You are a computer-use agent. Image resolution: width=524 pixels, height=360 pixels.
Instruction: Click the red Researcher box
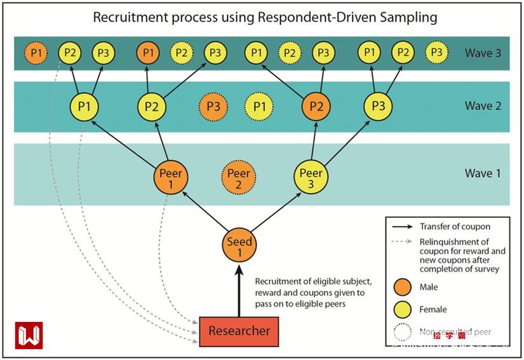click(x=239, y=331)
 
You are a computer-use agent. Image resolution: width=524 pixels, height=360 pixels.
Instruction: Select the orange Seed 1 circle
click(x=239, y=246)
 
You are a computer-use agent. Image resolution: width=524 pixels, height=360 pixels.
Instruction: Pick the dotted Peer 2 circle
click(x=238, y=178)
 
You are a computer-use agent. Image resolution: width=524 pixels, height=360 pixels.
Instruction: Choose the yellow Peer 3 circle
click(x=311, y=178)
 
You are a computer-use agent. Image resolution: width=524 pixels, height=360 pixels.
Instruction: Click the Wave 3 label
click(x=483, y=53)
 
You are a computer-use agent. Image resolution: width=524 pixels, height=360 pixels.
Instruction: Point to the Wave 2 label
click(x=483, y=106)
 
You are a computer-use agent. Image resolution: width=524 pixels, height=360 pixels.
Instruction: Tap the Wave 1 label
click(x=483, y=173)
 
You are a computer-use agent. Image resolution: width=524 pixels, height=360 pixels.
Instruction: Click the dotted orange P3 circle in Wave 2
click(x=213, y=107)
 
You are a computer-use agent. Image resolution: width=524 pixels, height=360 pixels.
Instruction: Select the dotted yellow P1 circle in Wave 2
click(x=259, y=107)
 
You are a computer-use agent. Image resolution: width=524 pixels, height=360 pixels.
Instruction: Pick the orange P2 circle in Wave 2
click(x=316, y=107)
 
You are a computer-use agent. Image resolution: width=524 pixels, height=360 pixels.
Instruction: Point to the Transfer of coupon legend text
click(x=455, y=227)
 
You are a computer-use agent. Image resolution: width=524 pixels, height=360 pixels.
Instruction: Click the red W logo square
click(x=29, y=335)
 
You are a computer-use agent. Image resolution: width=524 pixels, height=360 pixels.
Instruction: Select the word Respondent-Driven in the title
click(x=312, y=17)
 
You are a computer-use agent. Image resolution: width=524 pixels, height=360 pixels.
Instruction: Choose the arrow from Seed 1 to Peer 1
click(x=205, y=212)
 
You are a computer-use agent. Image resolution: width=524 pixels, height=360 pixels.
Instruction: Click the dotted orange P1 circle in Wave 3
click(x=36, y=53)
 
